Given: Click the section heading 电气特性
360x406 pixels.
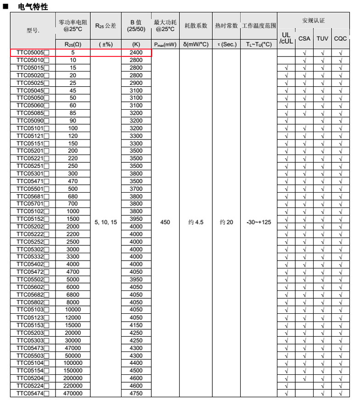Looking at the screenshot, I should pyautogui.click(x=33, y=6).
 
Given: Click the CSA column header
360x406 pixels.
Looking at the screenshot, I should pyautogui.click(x=304, y=39).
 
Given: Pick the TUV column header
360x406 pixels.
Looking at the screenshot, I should pyautogui.click(x=322, y=39).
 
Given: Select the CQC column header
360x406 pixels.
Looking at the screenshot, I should pyautogui.click(x=340, y=39).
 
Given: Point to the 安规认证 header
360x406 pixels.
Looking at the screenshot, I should pyautogui.click(x=313, y=21).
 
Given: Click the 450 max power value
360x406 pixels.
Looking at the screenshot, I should pyautogui.click(x=165, y=222).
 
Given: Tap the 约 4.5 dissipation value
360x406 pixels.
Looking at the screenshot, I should pyautogui.click(x=196, y=222).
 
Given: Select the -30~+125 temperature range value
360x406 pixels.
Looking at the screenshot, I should pyautogui.click(x=259, y=222).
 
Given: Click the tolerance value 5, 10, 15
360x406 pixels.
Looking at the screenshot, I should pyautogui.click(x=106, y=222).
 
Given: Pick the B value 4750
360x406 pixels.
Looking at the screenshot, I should pyautogui.click(x=136, y=393).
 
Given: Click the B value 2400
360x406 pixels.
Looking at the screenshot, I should pyautogui.click(x=136, y=53).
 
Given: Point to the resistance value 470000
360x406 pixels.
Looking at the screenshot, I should pyautogui.click(x=73, y=393).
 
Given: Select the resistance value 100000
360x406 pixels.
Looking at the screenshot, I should pyautogui.click(x=73, y=363).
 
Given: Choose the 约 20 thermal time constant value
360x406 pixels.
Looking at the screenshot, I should pyautogui.click(x=226, y=222).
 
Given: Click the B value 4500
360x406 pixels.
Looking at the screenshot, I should pyautogui.click(x=136, y=371).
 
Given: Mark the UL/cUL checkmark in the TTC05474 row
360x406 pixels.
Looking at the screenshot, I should pyautogui.click(x=286, y=393).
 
